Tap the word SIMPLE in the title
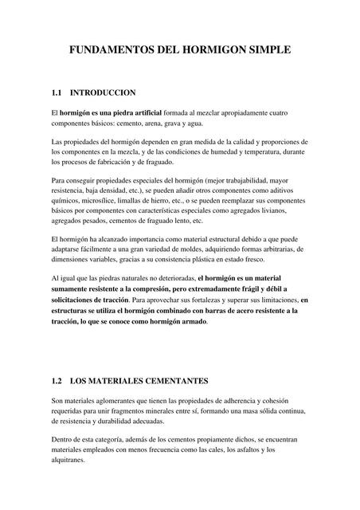(x=268, y=50)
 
